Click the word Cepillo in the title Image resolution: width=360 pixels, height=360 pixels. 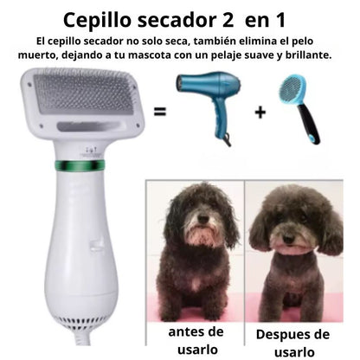[x=97, y=20]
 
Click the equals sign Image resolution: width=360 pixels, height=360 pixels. [x=160, y=112]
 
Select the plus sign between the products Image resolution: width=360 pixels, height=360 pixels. [x=260, y=112]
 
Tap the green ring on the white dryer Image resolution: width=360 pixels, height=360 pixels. [x=80, y=165]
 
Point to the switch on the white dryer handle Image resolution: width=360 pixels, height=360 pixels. [x=97, y=243]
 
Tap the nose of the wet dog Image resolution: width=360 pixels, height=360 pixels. [x=203, y=219]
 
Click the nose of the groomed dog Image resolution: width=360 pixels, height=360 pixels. [x=288, y=238]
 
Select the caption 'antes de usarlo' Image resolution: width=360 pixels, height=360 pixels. [x=196, y=340]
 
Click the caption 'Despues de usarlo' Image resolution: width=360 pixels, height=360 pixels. [x=292, y=343]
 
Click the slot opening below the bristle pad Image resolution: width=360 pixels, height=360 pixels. [x=88, y=126]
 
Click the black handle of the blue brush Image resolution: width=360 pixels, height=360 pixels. [x=309, y=124]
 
